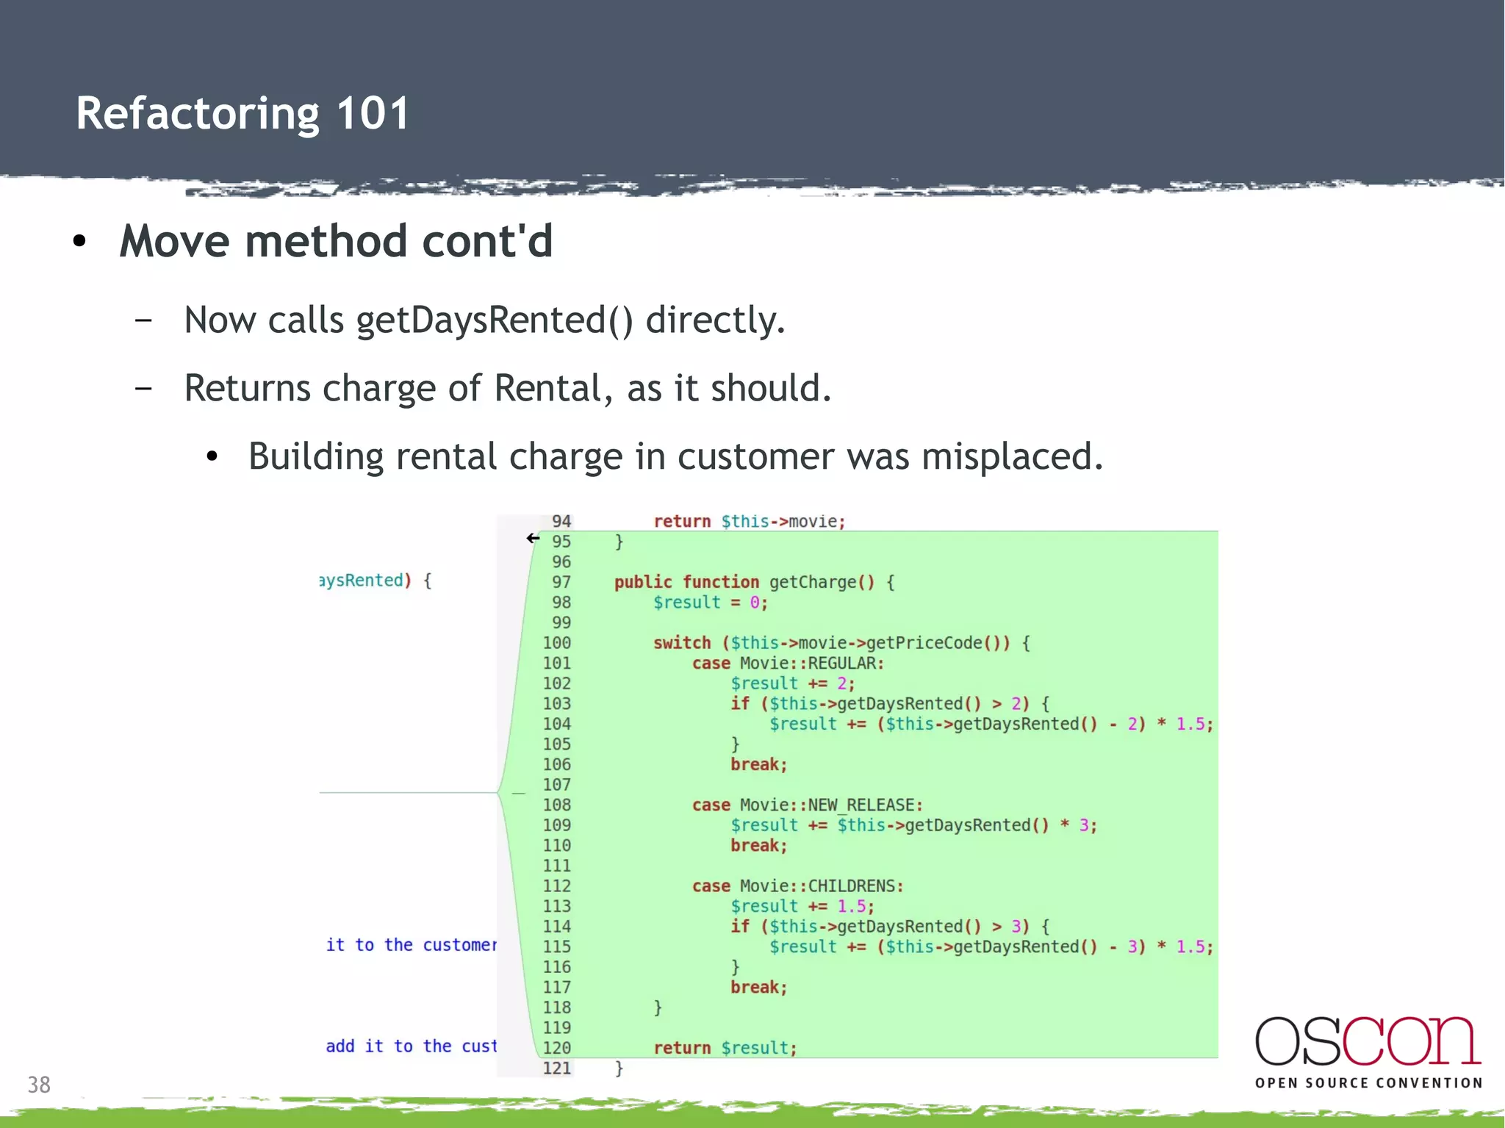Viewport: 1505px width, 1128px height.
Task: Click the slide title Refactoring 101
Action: pyautogui.click(x=243, y=114)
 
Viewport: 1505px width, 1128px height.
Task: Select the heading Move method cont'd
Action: pyautogui.click(x=336, y=241)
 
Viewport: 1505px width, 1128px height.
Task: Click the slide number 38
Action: pyautogui.click(x=39, y=1085)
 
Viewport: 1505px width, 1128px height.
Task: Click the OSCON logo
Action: pyautogui.click(x=1368, y=1041)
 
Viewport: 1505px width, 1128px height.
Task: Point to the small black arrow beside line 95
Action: pyautogui.click(x=533, y=539)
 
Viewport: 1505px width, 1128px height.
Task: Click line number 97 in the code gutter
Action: pyautogui.click(x=561, y=582)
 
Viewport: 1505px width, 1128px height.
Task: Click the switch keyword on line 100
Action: pyautogui.click(x=681, y=643)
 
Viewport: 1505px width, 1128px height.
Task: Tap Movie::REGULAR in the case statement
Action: pyautogui.click(x=811, y=664)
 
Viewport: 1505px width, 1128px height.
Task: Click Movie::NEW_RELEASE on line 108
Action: pyautogui.click(x=830, y=805)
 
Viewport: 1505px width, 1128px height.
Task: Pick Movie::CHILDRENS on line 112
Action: pyautogui.click(x=821, y=886)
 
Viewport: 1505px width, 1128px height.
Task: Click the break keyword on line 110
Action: pyautogui.click(x=758, y=846)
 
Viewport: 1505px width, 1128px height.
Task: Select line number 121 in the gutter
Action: pyautogui.click(x=556, y=1068)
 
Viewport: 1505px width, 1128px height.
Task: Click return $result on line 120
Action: pyautogui.click(x=725, y=1048)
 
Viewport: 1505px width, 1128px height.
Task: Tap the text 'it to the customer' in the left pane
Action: pyautogui.click(x=411, y=945)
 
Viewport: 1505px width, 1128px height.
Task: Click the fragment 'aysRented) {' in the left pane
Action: pyautogui.click(x=375, y=581)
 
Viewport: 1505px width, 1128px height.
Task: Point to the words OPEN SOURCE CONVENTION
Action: pyautogui.click(x=1368, y=1083)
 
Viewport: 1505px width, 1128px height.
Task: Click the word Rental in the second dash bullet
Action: pyautogui.click(x=548, y=388)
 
